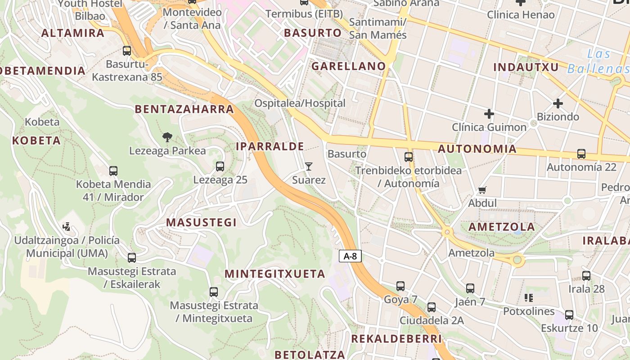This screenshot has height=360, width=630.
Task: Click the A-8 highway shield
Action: pos(350,256)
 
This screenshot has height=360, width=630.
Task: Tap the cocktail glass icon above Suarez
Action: pos(308,166)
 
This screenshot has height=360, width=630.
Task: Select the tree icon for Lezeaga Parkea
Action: pos(167,137)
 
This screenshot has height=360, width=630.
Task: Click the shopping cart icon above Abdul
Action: pos(482,190)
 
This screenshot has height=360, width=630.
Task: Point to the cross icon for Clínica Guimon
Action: pos(489,114)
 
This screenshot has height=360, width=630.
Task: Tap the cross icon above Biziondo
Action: pos(558,103)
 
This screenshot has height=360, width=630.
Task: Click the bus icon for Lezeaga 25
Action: pos(220,166)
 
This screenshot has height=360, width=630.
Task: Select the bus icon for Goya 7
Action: pos(400,286)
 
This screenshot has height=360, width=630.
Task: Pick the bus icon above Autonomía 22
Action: pos(581,154)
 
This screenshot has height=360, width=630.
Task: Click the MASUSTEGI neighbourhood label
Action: pos(201,222)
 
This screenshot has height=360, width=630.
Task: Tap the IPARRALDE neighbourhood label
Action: pos(270,146)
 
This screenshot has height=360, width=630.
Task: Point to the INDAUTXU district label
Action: pos(526,67)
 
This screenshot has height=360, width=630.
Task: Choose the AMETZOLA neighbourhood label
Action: pos(502,227)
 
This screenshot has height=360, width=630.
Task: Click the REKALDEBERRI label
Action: pos(396,338)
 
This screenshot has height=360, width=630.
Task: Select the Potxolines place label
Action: pos(529,311)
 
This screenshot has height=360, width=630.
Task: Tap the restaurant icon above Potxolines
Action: pos(529,298)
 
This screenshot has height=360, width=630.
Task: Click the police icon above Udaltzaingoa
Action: pos(67,227)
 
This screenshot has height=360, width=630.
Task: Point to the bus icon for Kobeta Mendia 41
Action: pos(113,171)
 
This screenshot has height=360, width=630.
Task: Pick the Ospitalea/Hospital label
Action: pos(300,103)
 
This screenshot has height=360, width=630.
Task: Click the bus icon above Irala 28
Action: pos(586,276)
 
